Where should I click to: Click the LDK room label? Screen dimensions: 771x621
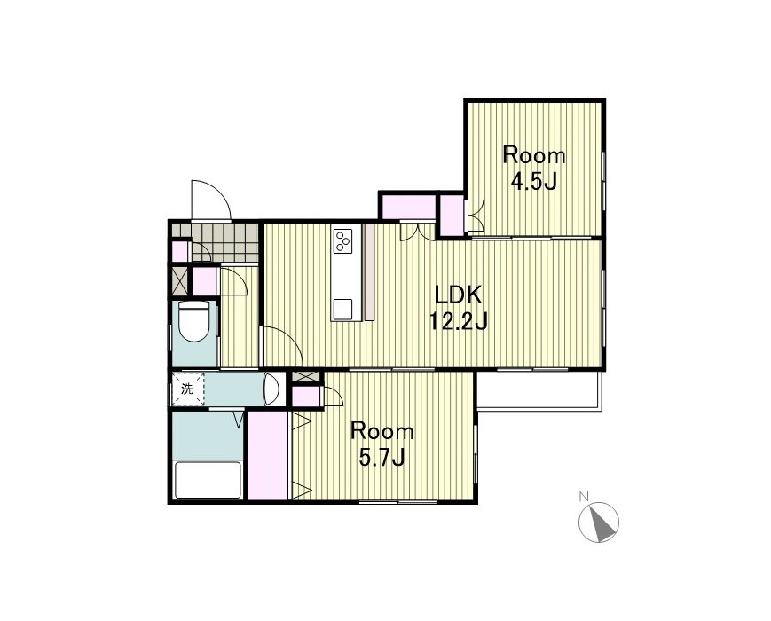(458, 295)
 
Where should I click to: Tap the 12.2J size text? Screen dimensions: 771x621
(459, 322)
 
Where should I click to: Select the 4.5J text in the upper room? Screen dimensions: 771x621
(533, 183)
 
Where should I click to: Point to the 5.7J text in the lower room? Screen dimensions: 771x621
(382, 459)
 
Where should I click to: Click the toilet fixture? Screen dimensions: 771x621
(193, 321)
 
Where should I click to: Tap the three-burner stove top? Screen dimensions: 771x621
(343, 240)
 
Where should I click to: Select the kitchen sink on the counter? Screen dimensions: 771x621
(343, 309)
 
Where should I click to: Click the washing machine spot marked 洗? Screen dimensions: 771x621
(187, 389)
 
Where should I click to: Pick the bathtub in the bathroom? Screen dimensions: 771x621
(208, 480)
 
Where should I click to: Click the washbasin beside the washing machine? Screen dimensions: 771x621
(271, 389)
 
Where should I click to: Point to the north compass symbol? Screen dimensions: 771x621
(599, 523)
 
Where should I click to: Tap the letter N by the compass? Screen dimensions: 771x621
(584, 497)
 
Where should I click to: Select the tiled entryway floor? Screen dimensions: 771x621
(224, 242)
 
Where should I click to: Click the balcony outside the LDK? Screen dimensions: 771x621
(539, 390)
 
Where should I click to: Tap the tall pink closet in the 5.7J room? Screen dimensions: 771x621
(269, 456)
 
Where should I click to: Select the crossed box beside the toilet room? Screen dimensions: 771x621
(179, 282)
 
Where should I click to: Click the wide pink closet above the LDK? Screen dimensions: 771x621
(409, 207)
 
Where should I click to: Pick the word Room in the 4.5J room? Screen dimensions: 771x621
(534, 155)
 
